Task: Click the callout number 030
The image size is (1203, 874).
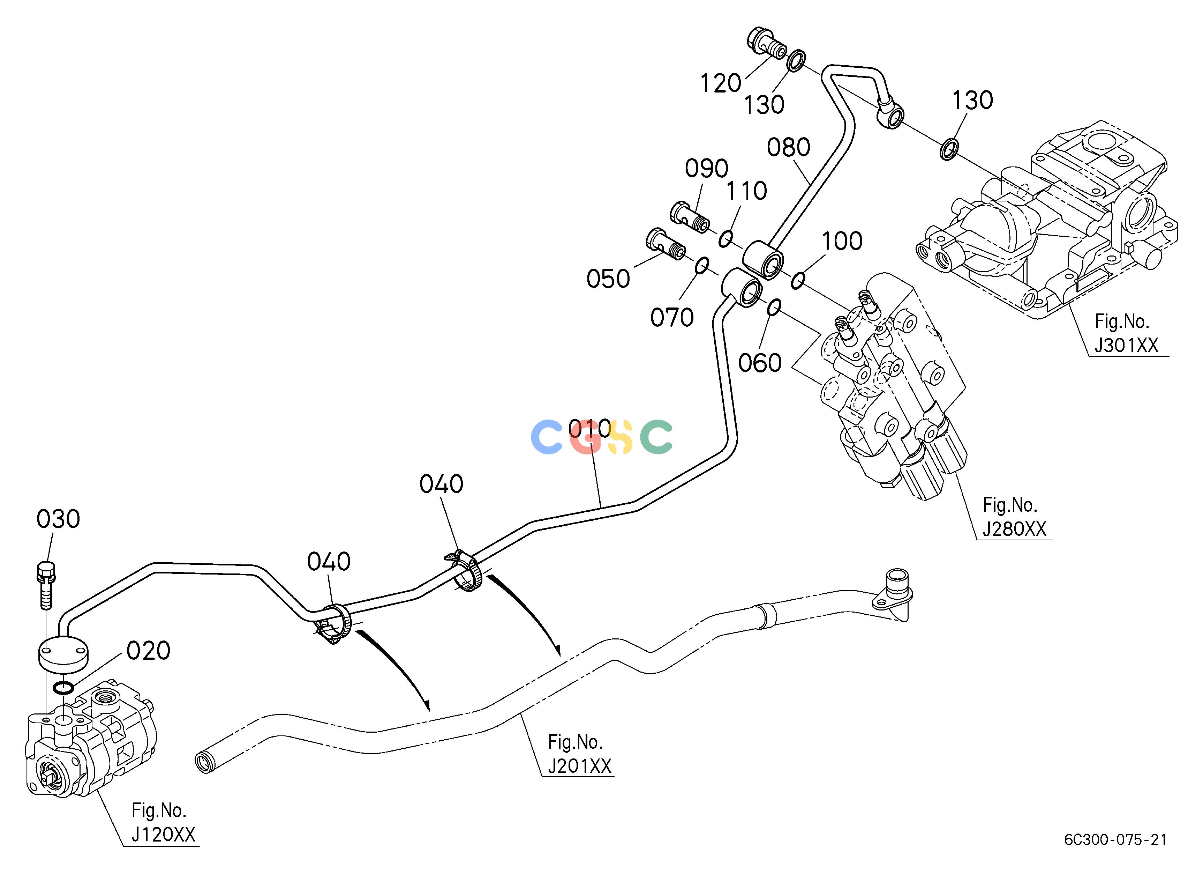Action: pyautogui.click(x=58, y=519)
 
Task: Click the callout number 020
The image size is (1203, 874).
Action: pyautogui.click(x=149, y=651)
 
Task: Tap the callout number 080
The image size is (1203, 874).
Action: pyautogui.click(x=789, y=148)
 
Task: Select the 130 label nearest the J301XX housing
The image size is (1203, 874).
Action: pyautogui.click(x=972, y=100)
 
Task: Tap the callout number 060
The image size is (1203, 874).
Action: pyautogui.click(x=760, y=363)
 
